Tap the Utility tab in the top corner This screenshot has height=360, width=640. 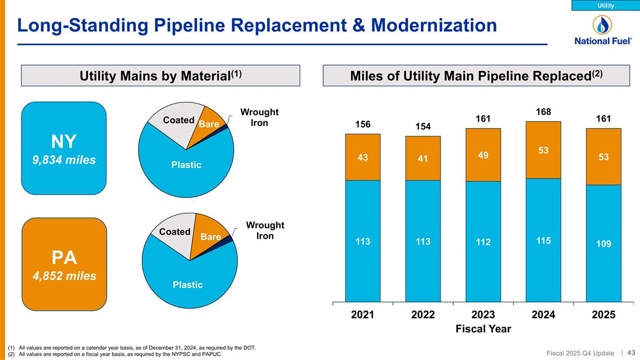605,5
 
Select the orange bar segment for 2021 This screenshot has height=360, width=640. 363,157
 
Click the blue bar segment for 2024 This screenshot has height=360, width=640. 543,240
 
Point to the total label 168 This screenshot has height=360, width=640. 543,112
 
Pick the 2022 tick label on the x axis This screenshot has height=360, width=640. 423,315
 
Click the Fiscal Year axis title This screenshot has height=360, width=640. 483,329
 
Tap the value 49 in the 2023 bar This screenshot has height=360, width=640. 483,155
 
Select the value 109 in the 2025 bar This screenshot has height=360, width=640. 603,243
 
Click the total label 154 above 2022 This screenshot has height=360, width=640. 423,126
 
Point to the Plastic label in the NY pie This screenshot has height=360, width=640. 186,165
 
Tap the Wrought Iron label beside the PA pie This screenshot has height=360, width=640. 265,230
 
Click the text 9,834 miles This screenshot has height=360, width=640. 64,159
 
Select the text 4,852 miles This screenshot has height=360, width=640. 64,276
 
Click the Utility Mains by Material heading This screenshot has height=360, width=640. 161,76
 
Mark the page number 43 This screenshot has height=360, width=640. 631,352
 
